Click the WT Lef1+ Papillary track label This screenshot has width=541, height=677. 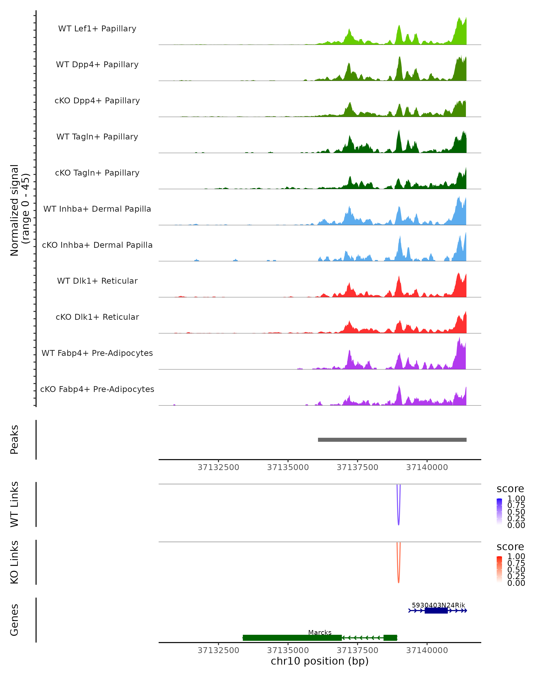pos(97,29)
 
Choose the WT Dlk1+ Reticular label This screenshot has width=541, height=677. pos(97,281)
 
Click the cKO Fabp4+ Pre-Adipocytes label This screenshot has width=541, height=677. pos(97,389)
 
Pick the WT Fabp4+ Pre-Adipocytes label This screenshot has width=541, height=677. pos(97,353)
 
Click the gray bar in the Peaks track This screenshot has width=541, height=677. pos(392,440)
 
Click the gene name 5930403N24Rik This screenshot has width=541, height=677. pos(438,605)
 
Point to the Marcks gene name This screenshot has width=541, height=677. pos(320,632)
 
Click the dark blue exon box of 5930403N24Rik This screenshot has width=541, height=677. pos(436,610)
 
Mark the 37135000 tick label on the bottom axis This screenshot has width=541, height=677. pos(288,650)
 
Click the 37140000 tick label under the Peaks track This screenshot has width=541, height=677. pos(427,468)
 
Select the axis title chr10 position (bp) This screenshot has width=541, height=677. pos(320,661)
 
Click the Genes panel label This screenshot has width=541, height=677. pos(14,620)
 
